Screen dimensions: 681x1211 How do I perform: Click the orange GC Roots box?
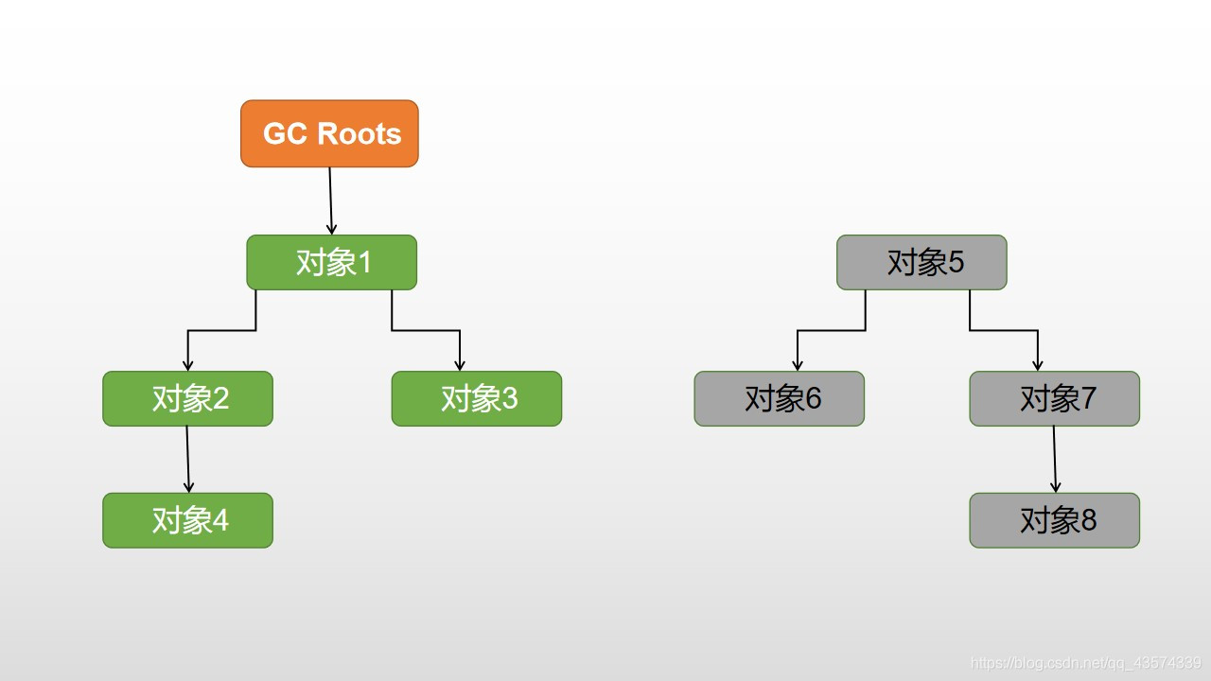pyautogui.click(x=329, y=133)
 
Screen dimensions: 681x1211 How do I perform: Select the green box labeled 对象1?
pyautogui.click(x=331, y=262)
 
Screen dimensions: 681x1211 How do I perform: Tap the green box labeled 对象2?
pyautogui.click(x=187, y=398)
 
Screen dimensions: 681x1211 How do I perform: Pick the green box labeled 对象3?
pyautogui.click(x=476, y=398)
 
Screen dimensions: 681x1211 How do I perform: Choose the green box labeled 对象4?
pyautogui.click(x=187, y=520)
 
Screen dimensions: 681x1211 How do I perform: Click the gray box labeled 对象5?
pyautogui.click(x=921, y=262)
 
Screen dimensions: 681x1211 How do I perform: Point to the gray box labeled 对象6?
pyautogui.click(x=779, y=398)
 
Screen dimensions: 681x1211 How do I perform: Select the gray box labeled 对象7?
pyautogui.click(x=1054, y=398)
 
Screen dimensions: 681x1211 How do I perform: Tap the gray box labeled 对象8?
pyautogui.click(x=1054, y=520)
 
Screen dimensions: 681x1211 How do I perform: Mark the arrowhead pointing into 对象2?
pyautogui.click(x=188, y=365)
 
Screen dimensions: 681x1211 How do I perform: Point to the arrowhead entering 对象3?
pyautogui.click(x=460, y=365)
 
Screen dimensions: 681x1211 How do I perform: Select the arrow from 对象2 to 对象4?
pyautogui.click(x=187, y=459)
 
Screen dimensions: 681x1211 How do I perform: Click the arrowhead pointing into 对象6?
pyautogui.click(x=798, y=365)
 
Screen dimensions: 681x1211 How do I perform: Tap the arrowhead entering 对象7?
pyautogui.click(x=1038, y=365)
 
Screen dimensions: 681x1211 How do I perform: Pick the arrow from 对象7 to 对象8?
pyautogui.click(x=1055, y=459)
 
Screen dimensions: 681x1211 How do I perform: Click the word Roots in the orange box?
pyautogui.click(x=360, y=133)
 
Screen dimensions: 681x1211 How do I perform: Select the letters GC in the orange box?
pyautogui.click(x=283, y=133)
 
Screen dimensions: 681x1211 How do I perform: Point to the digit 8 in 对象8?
pyautogui.click(x=1088, y=520)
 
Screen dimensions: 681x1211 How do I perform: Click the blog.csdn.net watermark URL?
pyautogui.click(x=1086, y=663)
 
